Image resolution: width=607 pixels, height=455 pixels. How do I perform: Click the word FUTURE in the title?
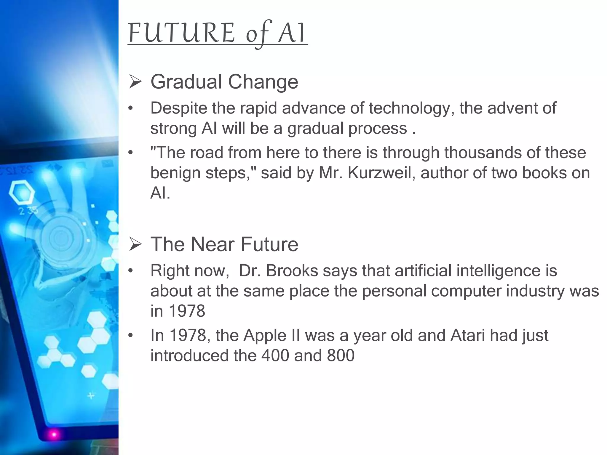(181, 33)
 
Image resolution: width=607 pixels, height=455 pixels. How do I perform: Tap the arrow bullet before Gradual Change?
(135, 82)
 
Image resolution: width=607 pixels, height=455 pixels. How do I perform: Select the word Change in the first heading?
(263, 82)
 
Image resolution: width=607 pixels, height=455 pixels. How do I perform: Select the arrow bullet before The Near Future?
(135, 245)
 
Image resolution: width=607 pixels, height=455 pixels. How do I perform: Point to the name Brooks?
(292, 271)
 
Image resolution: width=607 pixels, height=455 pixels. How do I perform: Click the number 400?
(275, 355)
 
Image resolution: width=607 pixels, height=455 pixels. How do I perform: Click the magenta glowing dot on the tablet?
(54, 435)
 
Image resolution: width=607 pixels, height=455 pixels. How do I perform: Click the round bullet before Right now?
(130, 271)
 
